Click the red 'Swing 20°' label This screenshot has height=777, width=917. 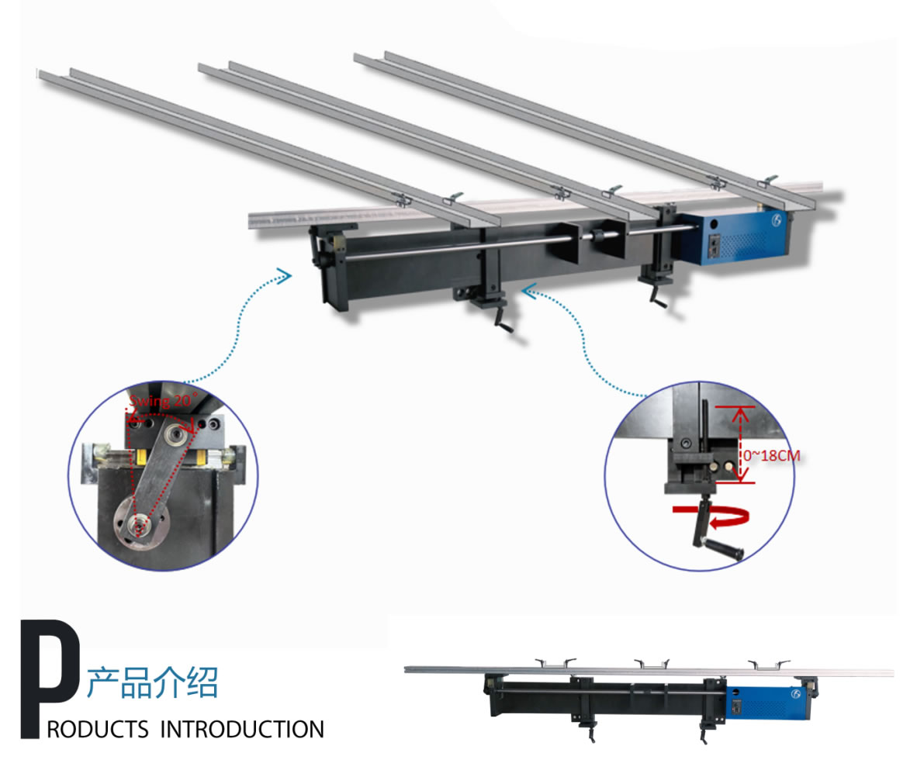click(x=164, y=400)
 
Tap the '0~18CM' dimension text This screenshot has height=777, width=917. click(x=771, y=455)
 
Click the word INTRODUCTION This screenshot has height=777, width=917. click(x=242, y=730)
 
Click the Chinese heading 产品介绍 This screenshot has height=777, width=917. click(x=153, y=682)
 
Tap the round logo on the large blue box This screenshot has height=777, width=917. click(x=777, y=220)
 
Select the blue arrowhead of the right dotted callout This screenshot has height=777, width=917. click(x=529, y=291)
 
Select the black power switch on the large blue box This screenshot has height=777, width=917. click(x=714, y=246)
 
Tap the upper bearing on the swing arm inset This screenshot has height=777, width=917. click(x=175, y=433)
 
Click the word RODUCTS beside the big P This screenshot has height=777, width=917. click(x=98, y=730)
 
